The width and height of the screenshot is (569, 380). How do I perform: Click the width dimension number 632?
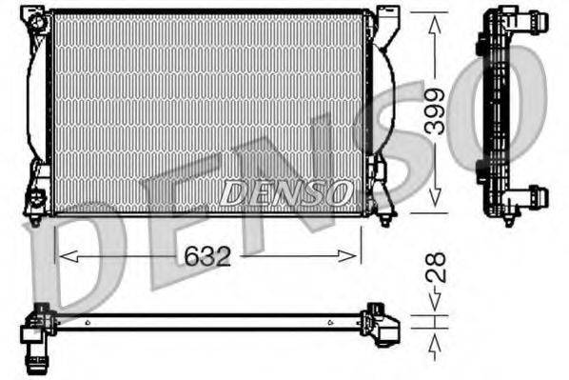tap(206, 256)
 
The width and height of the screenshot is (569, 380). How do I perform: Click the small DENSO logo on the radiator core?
tap(285, 192)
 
